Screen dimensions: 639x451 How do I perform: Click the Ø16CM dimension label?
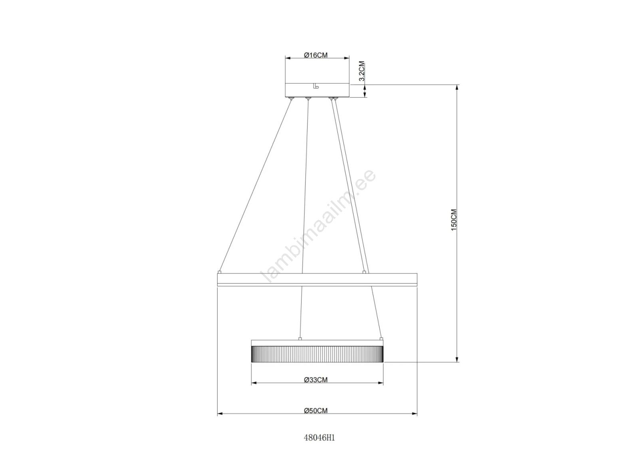316,55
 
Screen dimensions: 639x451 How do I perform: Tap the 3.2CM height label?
362,71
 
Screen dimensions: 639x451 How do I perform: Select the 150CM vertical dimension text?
454,220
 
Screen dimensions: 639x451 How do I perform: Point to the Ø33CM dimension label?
316,380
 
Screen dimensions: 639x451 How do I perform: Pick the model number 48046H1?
319,437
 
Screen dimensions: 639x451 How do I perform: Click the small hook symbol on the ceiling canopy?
316,86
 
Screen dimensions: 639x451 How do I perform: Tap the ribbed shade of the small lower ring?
317,354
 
